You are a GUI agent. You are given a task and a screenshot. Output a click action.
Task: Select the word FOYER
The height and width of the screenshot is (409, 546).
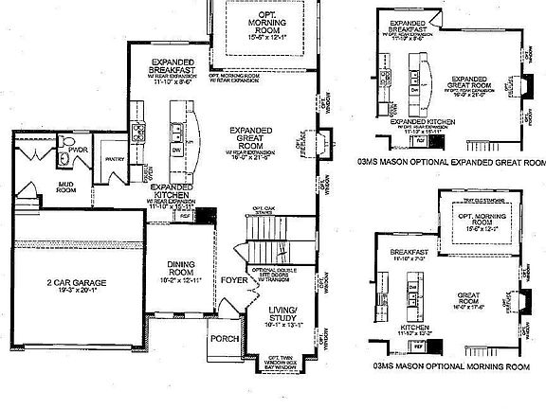[232, 279]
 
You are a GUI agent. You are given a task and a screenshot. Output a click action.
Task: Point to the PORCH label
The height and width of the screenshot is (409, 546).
[224, 338]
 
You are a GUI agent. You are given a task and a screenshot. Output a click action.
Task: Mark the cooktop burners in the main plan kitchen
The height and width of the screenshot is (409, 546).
[138, 134]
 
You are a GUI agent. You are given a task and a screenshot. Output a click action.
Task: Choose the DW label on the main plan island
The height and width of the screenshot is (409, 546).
[175, 150]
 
